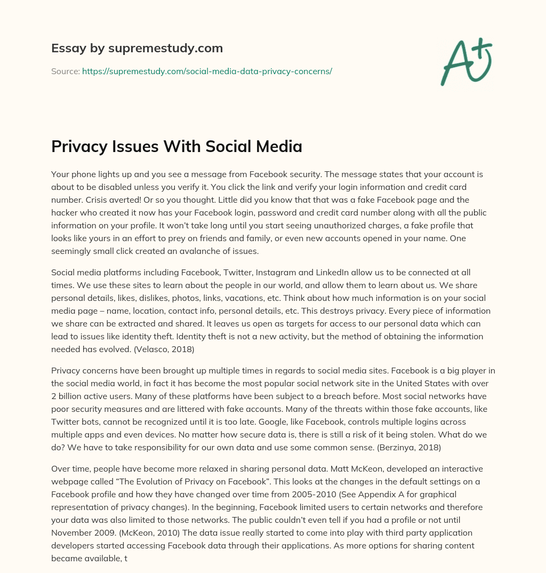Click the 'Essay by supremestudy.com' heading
pyautogui.click(x=136, y=49)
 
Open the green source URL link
pyautogui.click(x=207, y=71)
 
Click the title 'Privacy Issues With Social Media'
pyautogui.click(x=176, y=147)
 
